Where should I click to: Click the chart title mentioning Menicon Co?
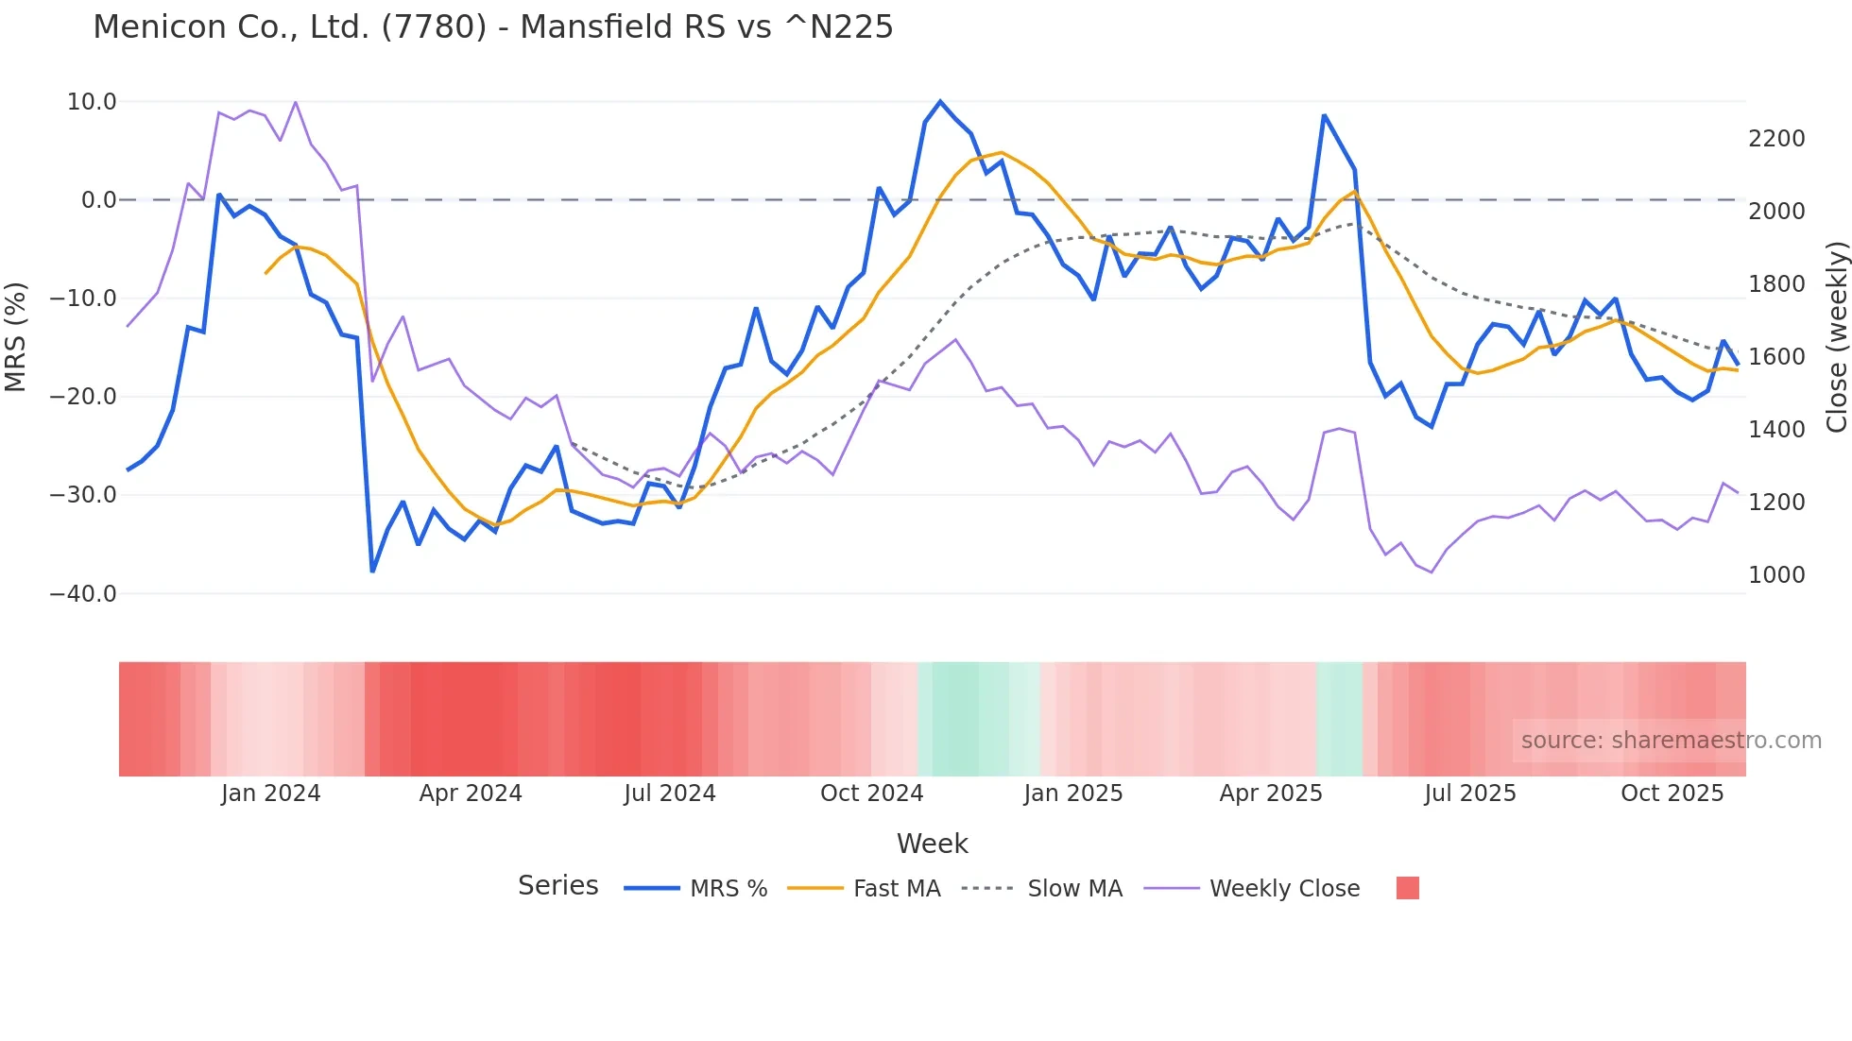click(492, 27)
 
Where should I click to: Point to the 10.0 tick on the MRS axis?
click(92, 102)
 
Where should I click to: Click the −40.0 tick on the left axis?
click(83, 594)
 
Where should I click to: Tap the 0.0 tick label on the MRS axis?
click(99, 200)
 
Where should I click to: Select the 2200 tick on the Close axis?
click(1776, 139)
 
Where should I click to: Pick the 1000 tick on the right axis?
click(1776, 575)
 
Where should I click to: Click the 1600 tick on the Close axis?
click(1776, 357)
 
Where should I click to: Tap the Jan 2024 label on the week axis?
click(271, 794)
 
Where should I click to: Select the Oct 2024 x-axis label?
click(871, 794)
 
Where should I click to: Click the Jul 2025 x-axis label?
click(1470, 794)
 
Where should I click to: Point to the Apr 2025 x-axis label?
click(1271, 794)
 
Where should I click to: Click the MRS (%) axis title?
click(16, 336)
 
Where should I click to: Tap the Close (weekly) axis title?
click(1837, 336)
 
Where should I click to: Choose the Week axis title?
click(932, 844)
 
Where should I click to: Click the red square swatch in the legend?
click(1408, 888)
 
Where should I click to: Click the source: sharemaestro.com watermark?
click(1671, 741)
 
